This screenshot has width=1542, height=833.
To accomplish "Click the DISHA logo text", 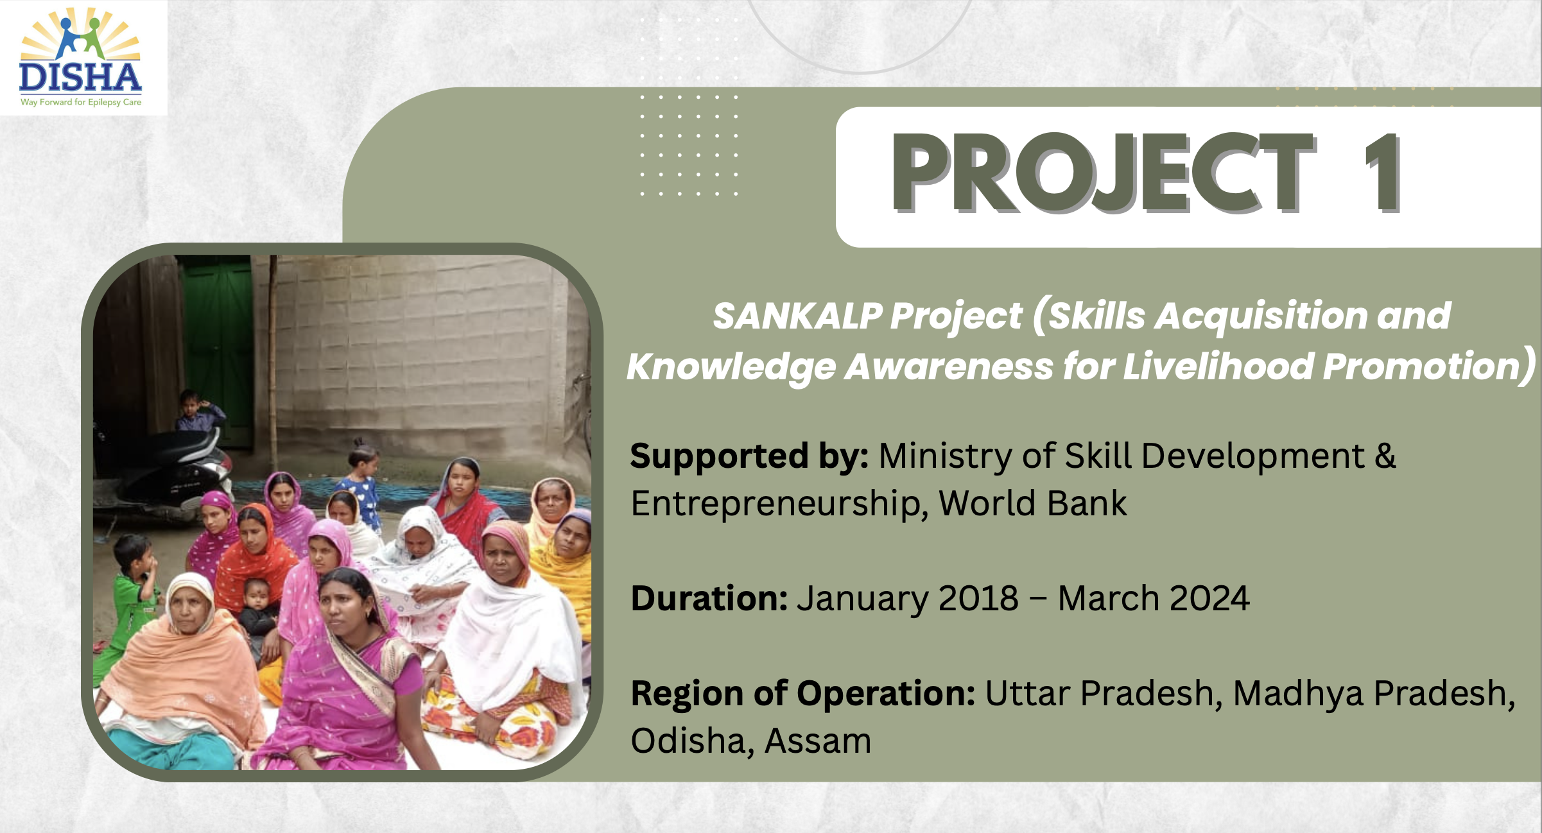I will point(80,78).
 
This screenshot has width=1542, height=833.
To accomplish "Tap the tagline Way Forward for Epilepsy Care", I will point(81,102).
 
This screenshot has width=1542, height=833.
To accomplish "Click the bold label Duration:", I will point(709,599).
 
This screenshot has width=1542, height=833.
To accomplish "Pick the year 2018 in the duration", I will point(978,599).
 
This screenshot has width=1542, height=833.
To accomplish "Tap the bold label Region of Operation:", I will point(802,694).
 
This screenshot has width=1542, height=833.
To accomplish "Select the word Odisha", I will point(686,741).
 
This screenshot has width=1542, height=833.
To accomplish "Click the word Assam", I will point(818,741).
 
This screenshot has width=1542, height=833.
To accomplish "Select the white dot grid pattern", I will point(689,145).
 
